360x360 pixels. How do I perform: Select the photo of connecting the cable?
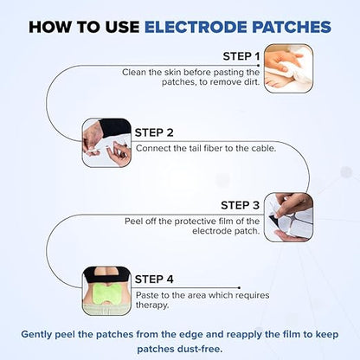[x=106, y=142]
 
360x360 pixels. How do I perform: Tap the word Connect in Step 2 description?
[x=152, y=149]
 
